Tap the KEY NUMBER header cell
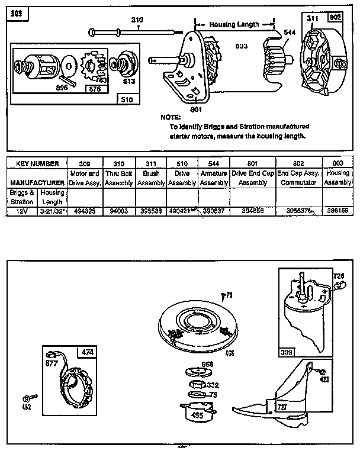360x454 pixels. click(x=37, y=163)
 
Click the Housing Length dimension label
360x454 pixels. click(x=234, y=25)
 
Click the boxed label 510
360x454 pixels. click(x=127, y=100)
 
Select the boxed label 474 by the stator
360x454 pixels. click(x=88, y=352)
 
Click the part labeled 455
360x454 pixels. click(x=195, y=411)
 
